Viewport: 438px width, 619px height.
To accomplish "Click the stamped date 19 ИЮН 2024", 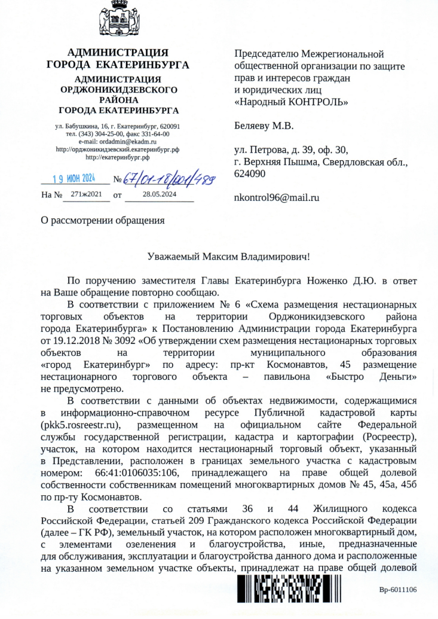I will pyautogui.click(x=73, y=178).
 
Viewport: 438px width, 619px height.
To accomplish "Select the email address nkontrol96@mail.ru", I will pyautogui.click(x=277, y=197).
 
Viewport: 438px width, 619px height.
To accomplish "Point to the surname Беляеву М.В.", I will pyautogui.click(x=264, y=126).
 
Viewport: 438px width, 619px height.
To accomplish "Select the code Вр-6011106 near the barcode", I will pyautogui.click(x=398, y=590).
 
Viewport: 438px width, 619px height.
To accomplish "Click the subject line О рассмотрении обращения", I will pyautogui.click(x=102, y=219).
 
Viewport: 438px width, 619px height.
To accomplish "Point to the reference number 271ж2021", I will pyautogui.click(x=86, y=194).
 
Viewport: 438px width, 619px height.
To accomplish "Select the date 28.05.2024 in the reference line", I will pyautogui.click(x=160, y=194).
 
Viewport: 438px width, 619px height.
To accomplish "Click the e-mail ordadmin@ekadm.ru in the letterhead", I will pyautogui.click(x=128, y=142).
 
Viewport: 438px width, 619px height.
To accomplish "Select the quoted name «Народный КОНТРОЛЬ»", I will pyautogui.click(x=292, y=102).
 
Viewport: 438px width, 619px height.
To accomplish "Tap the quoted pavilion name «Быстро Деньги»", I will pyautogui.click(x=371, y=377).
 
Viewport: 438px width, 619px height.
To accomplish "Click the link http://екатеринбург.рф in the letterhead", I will pyautogui.click(x=118, y=157).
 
